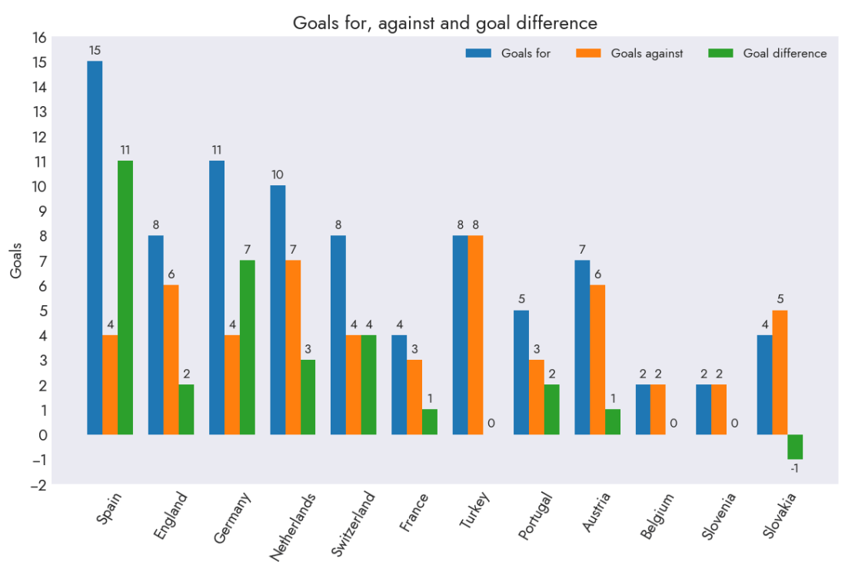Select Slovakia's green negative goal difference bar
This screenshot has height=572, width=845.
pos(795,447)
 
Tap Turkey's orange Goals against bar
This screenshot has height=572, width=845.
pos(475,335)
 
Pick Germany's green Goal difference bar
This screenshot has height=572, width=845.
pos(248,348)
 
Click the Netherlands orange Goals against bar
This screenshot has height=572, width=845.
pos(293,348)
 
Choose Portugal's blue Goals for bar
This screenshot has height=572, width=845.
pos(521,372)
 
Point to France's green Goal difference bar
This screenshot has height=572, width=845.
pos(430,422)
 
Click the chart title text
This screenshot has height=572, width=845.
pos(444,23)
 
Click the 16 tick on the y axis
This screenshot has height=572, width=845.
pos(39,38)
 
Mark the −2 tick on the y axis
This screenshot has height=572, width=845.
pos(38,484)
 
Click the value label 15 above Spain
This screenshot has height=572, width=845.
pos(95,51)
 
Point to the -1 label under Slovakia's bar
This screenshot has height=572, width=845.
pos(794,467)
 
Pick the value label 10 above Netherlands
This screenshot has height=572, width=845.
pos(278,175)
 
